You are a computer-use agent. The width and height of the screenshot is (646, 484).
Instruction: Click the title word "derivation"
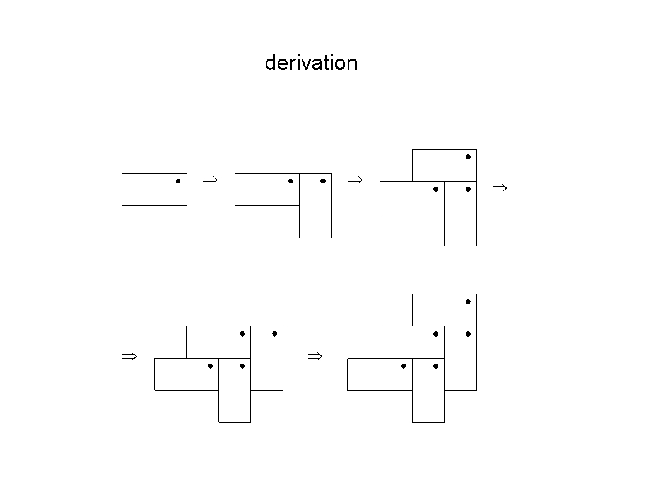click(311, 63)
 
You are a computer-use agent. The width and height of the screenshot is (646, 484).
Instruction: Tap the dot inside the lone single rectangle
click(178, 181)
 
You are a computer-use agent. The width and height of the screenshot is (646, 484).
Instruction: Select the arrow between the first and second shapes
click(210, 180)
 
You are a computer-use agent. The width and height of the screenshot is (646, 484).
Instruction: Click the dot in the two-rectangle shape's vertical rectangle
click(323, 181)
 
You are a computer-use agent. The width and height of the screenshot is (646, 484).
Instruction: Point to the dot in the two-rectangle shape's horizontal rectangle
click(291, 181)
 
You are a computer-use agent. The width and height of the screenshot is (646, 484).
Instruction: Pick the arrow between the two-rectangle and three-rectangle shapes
click(355, 180)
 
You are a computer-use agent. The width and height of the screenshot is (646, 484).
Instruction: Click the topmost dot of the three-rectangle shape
click(468, 157)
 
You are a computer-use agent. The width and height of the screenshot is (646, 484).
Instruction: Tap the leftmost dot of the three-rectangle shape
click(436, 189)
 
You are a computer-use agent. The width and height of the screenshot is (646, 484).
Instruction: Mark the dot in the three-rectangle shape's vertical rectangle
click(468, 189)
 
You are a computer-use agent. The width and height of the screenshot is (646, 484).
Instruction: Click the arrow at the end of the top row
click(500, 188)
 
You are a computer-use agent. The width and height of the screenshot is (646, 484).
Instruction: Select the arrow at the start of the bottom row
click(129, 357)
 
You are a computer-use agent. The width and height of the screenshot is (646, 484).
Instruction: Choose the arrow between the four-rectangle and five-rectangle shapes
click(315, 357)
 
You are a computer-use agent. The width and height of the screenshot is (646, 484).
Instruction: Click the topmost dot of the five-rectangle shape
click(468, 302)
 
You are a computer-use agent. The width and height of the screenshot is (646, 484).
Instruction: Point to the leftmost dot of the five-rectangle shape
click(404, 366)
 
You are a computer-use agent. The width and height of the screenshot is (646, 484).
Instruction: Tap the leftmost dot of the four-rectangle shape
click(210, 366)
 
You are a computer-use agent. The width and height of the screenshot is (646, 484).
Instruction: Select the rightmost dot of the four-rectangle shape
click(274, 334)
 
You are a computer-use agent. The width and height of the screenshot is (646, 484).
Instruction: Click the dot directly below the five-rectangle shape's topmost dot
click(468, 334)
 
